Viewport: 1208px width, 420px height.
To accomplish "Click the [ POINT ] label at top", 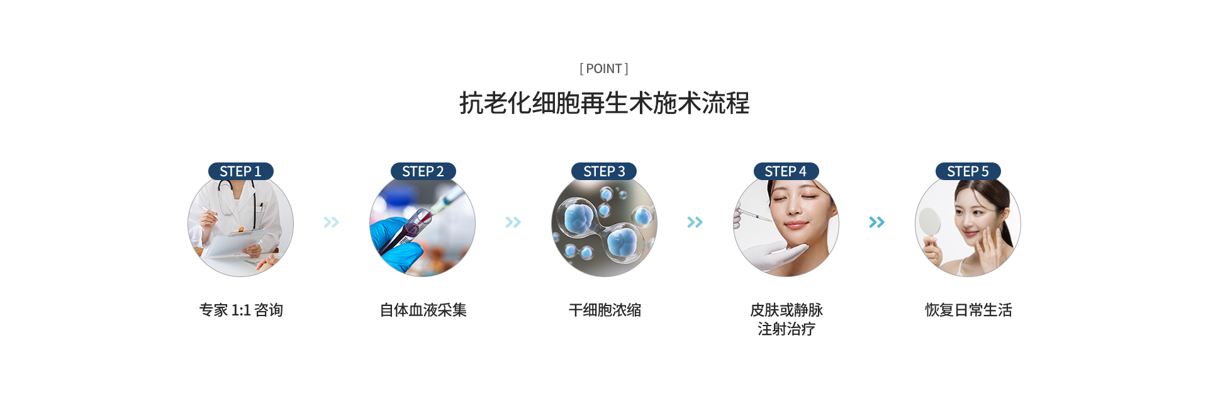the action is click(x=604, y=69).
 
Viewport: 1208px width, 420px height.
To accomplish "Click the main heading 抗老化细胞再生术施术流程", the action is click(x=604, y=103).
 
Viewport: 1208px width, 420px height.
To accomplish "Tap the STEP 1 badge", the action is click(x=240, y=171).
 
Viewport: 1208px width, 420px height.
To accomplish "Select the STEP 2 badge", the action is click(x=423, y=171).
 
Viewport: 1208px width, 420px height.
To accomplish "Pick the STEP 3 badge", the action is click(x=604, y=171).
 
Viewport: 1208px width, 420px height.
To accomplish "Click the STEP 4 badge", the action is click(x=786, y=171).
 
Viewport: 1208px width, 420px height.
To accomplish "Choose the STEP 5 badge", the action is click(x=968, y=171).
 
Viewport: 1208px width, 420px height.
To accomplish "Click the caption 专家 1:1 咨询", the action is click(x=241, y=310).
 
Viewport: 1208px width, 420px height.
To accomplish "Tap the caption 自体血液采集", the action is click(x=423, y=310).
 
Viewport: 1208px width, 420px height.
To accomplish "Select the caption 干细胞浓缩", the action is click(x=605, y=310).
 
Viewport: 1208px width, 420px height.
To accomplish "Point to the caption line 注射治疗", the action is click(x=786, y=329).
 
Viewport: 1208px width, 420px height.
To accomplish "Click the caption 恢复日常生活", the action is click(x=968, y=310).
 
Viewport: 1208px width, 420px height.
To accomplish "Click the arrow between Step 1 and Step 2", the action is click(x=332, y=222).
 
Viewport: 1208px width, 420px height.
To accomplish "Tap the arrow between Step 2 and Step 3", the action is click(x=513, y=222).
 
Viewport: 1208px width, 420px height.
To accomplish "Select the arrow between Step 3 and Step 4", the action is click(x=695, y=222).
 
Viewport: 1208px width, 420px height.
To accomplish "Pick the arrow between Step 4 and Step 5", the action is click(x=877, y=222).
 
